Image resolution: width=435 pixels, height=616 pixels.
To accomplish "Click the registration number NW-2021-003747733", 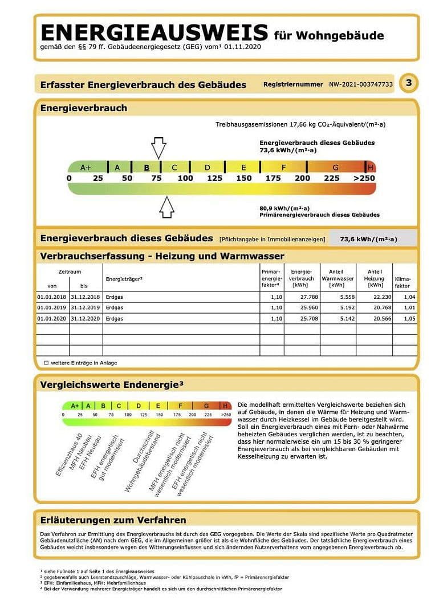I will [360, 84].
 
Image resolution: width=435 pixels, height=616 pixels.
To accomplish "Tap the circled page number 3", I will [408, 83].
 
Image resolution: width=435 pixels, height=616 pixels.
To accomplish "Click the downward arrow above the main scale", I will [158, 147].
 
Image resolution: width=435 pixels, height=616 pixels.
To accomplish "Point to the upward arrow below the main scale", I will [166, 206].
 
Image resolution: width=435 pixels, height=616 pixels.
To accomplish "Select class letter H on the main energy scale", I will [371, 167].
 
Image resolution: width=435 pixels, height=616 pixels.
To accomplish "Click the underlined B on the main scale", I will [147, 167].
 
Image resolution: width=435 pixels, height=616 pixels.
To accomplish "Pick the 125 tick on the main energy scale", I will [214, 178].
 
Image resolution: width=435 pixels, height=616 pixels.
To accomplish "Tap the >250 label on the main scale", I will [364, 178].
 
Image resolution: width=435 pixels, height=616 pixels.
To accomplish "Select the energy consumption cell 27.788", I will [302, 297].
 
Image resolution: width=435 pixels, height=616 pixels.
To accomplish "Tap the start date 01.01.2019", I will [52, 308].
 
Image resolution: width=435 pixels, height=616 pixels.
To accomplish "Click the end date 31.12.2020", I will [85, 318].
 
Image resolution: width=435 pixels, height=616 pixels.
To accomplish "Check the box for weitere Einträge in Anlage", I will [46, 362].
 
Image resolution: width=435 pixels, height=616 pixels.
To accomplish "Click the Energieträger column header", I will [124, 279].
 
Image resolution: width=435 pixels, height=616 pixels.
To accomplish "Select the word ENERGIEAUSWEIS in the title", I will [154, 32].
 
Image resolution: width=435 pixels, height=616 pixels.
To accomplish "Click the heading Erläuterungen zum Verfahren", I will [113, 520].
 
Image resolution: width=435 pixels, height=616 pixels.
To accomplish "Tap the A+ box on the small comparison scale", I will [75, 406].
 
